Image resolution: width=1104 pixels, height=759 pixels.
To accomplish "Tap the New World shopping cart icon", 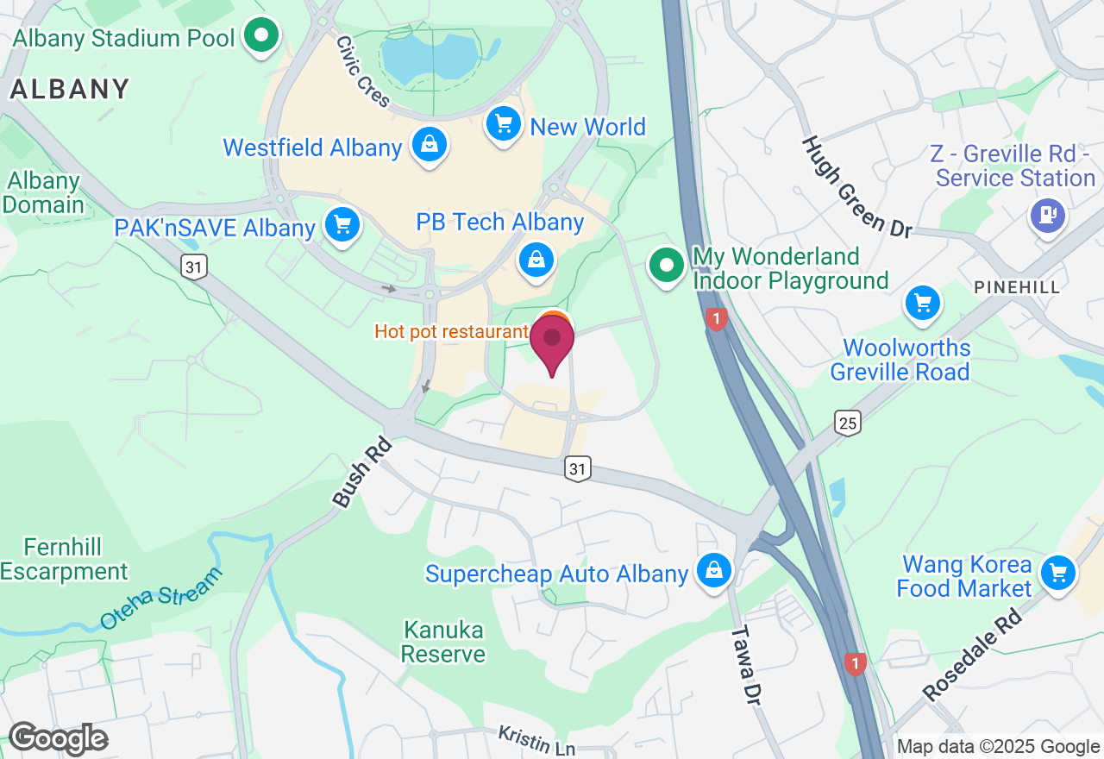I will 504,124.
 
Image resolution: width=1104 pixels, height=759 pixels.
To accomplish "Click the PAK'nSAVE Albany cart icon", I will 342,225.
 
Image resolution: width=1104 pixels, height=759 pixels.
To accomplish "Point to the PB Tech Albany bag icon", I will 536,258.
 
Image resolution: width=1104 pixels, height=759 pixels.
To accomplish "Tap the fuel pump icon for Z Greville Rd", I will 1049,213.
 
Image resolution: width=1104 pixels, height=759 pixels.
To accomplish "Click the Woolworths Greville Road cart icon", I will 922,303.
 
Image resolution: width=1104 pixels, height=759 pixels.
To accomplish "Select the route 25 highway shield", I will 848,423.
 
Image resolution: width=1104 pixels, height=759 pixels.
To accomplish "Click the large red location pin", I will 552,343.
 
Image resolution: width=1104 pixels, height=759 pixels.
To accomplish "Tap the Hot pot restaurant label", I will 450,331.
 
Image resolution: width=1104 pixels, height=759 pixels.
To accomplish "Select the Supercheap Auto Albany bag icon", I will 714,571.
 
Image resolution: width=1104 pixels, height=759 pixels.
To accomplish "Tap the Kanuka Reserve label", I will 443,642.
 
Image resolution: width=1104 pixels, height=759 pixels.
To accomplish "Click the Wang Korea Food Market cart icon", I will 1057,572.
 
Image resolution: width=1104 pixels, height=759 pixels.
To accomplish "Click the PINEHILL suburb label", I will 1017,287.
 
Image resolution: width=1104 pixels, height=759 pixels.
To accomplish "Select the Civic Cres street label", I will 363,72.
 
